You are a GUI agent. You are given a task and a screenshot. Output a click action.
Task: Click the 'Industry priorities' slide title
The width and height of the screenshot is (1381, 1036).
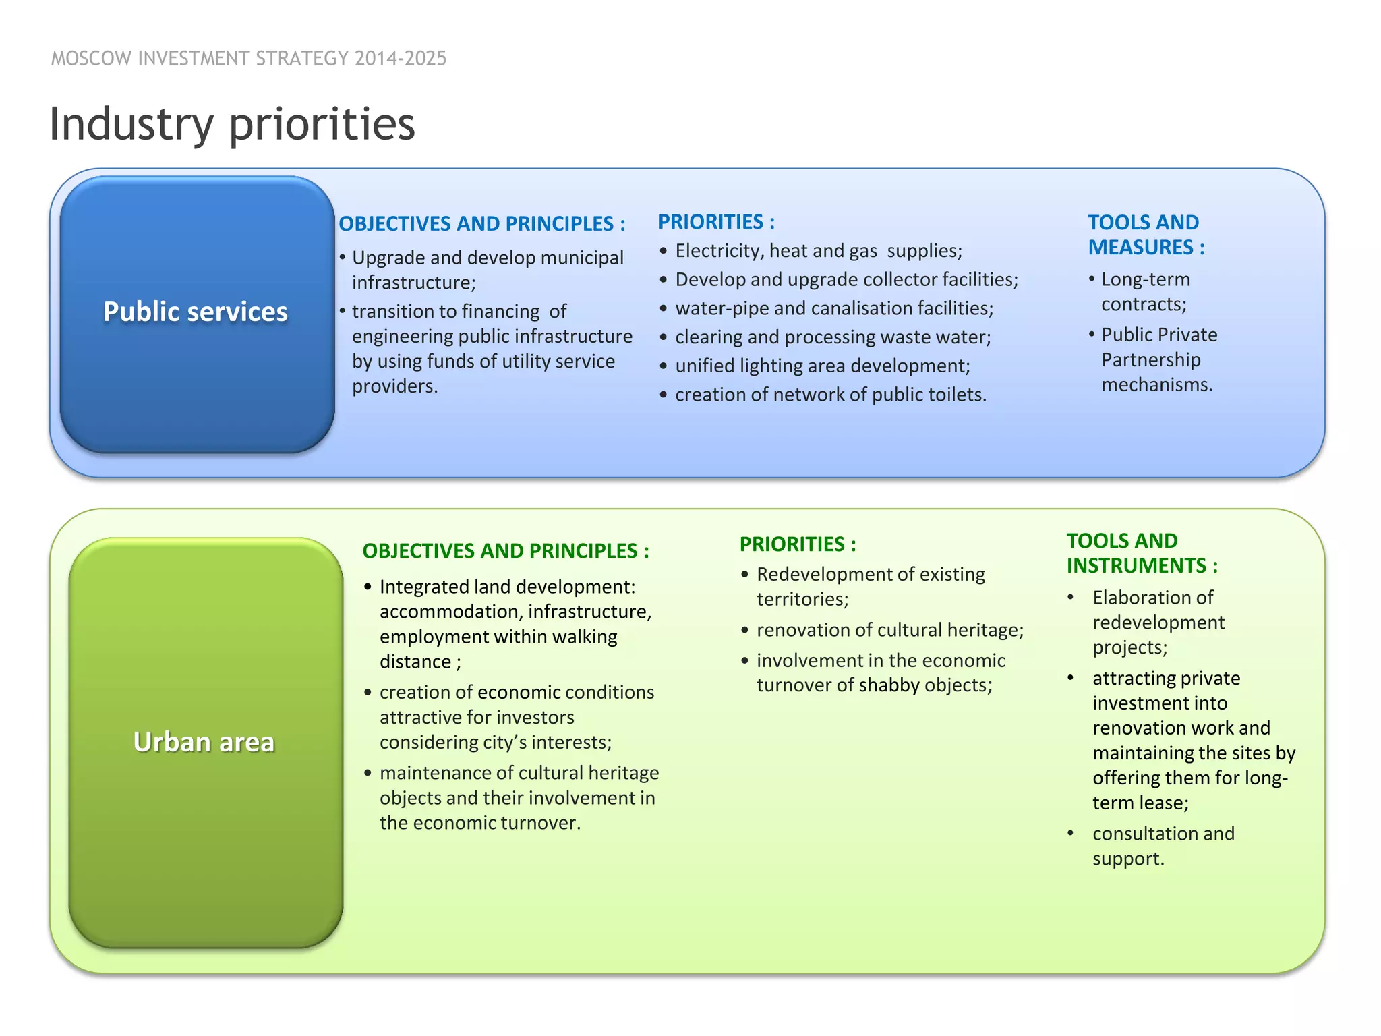coord(232,124)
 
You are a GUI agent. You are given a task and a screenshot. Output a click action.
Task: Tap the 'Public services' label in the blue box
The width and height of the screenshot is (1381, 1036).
coord(196,312)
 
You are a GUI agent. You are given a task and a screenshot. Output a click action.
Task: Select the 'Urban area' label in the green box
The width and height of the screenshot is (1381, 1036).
coord(204,742)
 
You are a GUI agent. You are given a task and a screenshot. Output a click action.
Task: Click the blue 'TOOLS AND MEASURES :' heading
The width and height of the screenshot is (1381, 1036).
coord(1146,235)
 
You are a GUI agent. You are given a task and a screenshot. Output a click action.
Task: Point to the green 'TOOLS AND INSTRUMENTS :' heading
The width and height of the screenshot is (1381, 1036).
coord(1142,553)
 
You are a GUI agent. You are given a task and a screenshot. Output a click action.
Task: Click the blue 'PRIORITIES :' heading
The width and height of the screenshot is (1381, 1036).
coord(716,222)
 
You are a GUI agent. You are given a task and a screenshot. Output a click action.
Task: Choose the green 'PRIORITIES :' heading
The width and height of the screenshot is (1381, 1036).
coord(798,544)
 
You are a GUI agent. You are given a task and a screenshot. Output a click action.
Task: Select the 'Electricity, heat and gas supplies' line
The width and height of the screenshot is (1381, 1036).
coord(818,251)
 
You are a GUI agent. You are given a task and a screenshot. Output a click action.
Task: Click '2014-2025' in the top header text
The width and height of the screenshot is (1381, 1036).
coord(401,59)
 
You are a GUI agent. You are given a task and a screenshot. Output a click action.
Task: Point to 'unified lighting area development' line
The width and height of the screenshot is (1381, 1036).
coord(822,366)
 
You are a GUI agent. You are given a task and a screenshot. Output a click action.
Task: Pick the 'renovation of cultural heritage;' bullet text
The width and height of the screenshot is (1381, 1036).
coord(889,630)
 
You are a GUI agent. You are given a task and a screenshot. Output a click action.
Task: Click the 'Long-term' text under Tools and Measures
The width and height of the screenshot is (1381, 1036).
coord(1145,279)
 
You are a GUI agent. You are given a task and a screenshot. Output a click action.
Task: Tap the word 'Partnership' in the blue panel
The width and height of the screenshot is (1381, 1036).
coord(1150,359)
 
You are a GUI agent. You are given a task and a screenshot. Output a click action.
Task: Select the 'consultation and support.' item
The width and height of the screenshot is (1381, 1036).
coord(1163,846)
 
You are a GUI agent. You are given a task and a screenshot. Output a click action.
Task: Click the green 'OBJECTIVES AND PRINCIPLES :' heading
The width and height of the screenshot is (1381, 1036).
coord(505,551)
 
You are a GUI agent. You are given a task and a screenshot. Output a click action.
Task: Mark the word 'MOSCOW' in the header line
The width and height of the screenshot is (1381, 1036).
coord(91,59)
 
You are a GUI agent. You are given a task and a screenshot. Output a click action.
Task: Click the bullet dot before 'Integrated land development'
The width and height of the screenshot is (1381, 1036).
coord(368,587)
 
